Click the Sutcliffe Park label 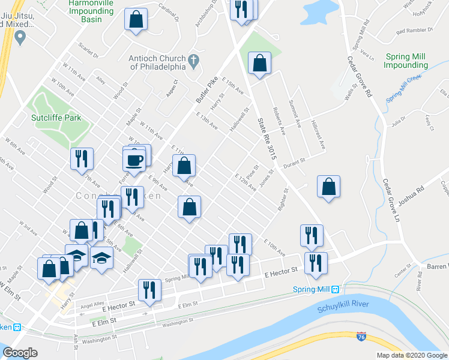pos(57,118)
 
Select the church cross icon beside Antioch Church pos(193,60)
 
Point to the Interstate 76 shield pos(361,337)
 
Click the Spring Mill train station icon pos(335,289)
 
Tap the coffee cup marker pos(134,160)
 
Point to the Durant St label pos(295,161)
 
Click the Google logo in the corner pos(20,353)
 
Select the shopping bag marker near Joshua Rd pos(328,187)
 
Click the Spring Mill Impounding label pos(407,61)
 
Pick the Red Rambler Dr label pos(411,30)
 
